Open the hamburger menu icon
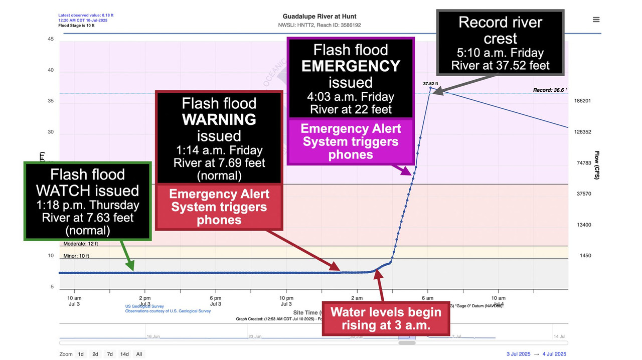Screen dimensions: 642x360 (596, 20)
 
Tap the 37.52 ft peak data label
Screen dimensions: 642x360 (430, 84)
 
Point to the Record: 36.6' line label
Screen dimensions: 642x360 (550, 91)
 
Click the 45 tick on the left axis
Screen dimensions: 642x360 (50, 39)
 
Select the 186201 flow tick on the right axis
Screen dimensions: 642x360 (583, 101)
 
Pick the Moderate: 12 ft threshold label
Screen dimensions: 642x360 (80, 244)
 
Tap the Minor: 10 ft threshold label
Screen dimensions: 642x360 (76, 256)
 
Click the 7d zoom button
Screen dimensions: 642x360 (110, 354)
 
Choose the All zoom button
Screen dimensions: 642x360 (139, 354)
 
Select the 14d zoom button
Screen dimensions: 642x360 (124, 354)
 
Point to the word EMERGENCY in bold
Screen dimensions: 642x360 (351, 66)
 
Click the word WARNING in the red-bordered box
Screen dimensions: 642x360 (219, 119)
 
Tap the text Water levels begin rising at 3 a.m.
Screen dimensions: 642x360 (386, 318)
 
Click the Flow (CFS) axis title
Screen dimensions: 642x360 (597, 165)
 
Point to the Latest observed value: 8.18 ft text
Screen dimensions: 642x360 (86, 16)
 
